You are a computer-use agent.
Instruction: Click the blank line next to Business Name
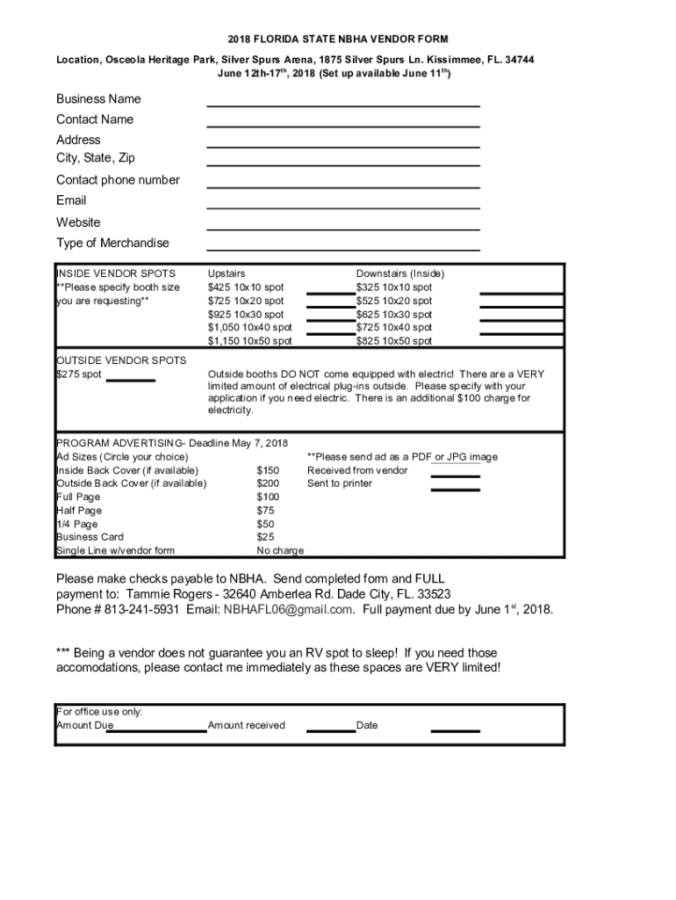point(343,104)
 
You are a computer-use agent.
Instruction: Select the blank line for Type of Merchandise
point(343,249)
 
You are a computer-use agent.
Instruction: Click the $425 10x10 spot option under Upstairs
point(246,287)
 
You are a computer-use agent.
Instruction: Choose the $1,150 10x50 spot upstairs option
point(250,341)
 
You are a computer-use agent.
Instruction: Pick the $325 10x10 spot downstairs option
point(394,287)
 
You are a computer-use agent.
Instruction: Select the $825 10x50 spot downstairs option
point(394,341)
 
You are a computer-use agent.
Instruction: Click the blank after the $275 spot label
point(136,379)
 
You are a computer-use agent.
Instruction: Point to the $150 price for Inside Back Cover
point(268,470)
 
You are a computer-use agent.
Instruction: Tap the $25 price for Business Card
point(265,537)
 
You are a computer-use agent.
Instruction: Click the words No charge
point(280,551)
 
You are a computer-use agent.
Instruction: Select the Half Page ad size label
point(79,511)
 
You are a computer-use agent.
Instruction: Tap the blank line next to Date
point(456,729)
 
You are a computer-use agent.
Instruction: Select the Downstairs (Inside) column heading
point(400,273)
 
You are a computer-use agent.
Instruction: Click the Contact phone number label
point(118,180)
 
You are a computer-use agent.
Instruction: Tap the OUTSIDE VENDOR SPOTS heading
point(121,360)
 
